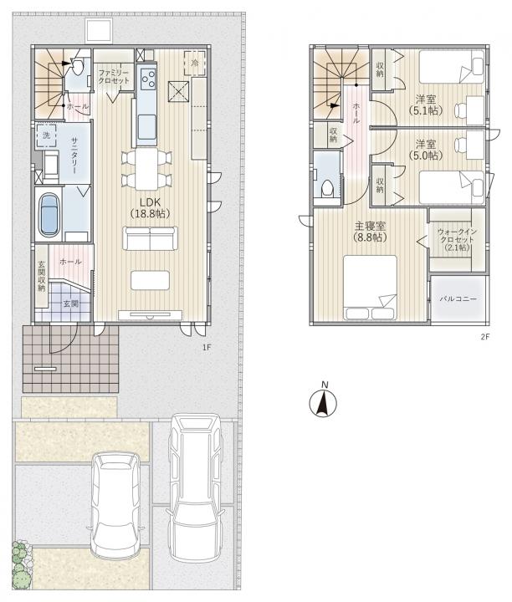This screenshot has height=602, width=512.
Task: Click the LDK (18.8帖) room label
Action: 150,207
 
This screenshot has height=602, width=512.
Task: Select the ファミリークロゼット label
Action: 114,76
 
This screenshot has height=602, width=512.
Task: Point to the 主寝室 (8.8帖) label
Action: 370,232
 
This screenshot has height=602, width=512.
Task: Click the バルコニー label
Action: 458,298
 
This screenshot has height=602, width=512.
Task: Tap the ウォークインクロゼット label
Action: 457,240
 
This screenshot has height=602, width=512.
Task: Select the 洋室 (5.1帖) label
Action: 426,105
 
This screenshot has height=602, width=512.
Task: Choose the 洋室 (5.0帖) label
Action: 426,150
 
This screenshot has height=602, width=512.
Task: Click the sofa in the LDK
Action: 151,238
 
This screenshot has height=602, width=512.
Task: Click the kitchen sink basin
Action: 146,125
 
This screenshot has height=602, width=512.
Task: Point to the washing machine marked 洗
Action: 46,135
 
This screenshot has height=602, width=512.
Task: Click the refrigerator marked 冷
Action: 195,64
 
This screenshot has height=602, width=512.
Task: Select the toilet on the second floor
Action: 327,188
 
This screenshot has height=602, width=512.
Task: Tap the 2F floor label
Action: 484,337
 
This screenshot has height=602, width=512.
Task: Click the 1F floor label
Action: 207,348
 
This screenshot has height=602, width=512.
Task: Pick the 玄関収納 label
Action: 42,276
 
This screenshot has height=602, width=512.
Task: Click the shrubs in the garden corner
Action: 21,564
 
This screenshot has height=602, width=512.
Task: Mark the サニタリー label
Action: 74,156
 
